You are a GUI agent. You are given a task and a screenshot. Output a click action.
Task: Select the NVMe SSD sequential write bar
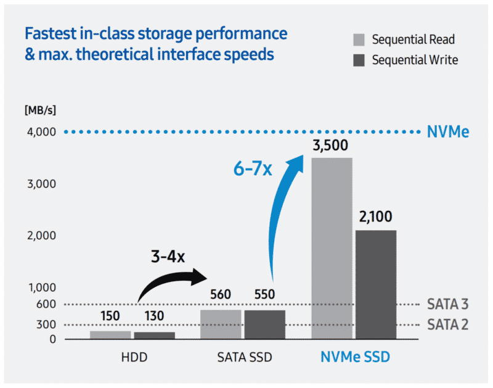376,284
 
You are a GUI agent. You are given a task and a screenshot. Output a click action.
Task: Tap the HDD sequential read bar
111,335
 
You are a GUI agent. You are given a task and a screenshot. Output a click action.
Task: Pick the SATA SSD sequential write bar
265,324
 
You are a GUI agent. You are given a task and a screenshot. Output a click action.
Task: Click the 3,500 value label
332,146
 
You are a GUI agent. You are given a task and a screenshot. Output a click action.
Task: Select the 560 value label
221,295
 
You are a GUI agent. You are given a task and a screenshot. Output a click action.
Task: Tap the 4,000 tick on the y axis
41,132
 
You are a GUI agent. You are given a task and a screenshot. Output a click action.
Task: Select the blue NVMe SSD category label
354,358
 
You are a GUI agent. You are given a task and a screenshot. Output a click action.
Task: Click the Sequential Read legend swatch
359,40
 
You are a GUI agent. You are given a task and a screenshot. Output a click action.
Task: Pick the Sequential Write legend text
415,60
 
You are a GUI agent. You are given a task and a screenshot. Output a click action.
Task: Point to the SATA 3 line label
448,304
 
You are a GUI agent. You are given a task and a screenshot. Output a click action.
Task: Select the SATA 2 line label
448,324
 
